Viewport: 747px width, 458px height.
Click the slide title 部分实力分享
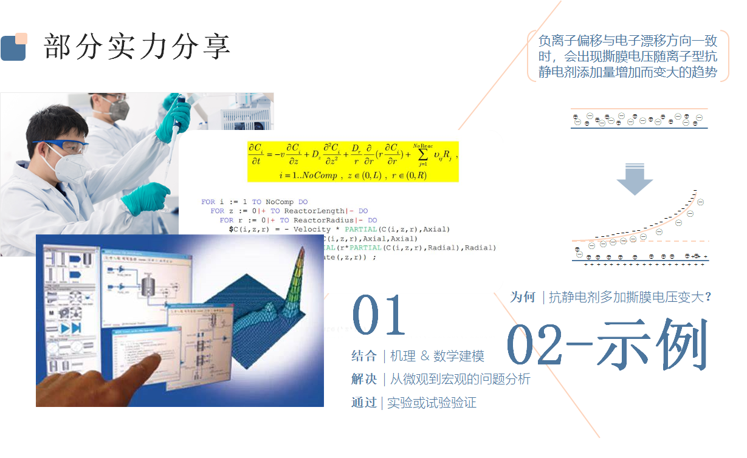137,46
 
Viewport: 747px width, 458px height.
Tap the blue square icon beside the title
13,48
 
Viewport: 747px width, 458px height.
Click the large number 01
379,315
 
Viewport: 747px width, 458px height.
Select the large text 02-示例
607,344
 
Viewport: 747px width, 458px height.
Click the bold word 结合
364,356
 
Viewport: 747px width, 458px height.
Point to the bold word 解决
364,379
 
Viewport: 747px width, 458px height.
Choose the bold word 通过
364,402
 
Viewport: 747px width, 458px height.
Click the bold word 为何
523,297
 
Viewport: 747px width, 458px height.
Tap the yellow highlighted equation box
353,161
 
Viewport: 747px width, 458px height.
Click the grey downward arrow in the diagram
634,181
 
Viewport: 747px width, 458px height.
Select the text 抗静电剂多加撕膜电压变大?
630,297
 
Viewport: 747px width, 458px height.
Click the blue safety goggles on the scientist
61,146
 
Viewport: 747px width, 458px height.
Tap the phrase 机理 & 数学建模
437,356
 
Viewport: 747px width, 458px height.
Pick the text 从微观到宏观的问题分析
460,379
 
